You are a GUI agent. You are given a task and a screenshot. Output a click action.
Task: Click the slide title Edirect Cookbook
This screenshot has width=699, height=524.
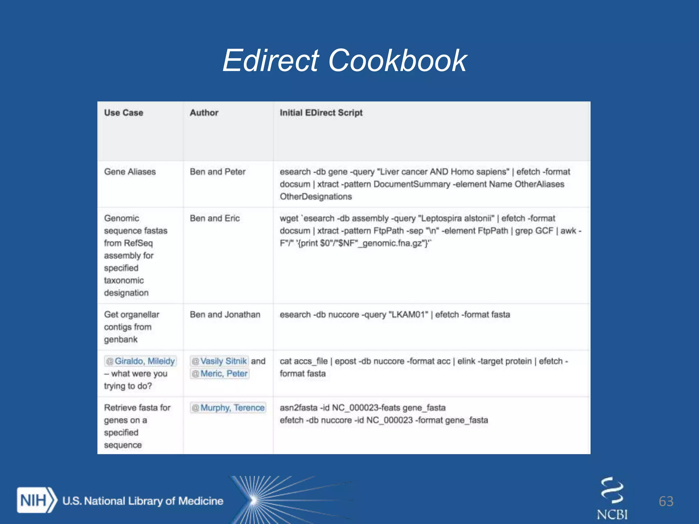[345, 61]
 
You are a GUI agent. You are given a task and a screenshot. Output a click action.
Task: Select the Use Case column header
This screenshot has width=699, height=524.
[124, 113]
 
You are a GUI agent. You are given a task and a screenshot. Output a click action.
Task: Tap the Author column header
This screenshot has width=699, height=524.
[204, 113]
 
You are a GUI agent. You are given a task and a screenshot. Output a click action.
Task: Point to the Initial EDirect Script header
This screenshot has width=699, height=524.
[321, 113]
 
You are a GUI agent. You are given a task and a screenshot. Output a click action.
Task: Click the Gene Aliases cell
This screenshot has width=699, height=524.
[130, 172]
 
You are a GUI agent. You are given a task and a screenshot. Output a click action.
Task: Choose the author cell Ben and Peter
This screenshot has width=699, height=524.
[217, 172]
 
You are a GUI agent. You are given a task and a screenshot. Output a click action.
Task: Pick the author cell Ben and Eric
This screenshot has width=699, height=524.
[215, 218]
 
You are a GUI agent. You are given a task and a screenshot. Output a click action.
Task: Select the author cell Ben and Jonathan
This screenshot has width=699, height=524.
[225, 315]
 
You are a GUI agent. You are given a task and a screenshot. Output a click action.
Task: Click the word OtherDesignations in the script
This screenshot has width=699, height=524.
[316, 196]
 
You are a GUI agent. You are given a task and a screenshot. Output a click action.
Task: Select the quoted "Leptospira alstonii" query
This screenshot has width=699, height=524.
[456, 218]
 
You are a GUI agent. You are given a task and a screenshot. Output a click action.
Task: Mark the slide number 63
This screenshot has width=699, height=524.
[666, 501]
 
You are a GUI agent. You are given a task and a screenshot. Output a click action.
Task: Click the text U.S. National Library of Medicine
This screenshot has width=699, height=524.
[143, 501]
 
